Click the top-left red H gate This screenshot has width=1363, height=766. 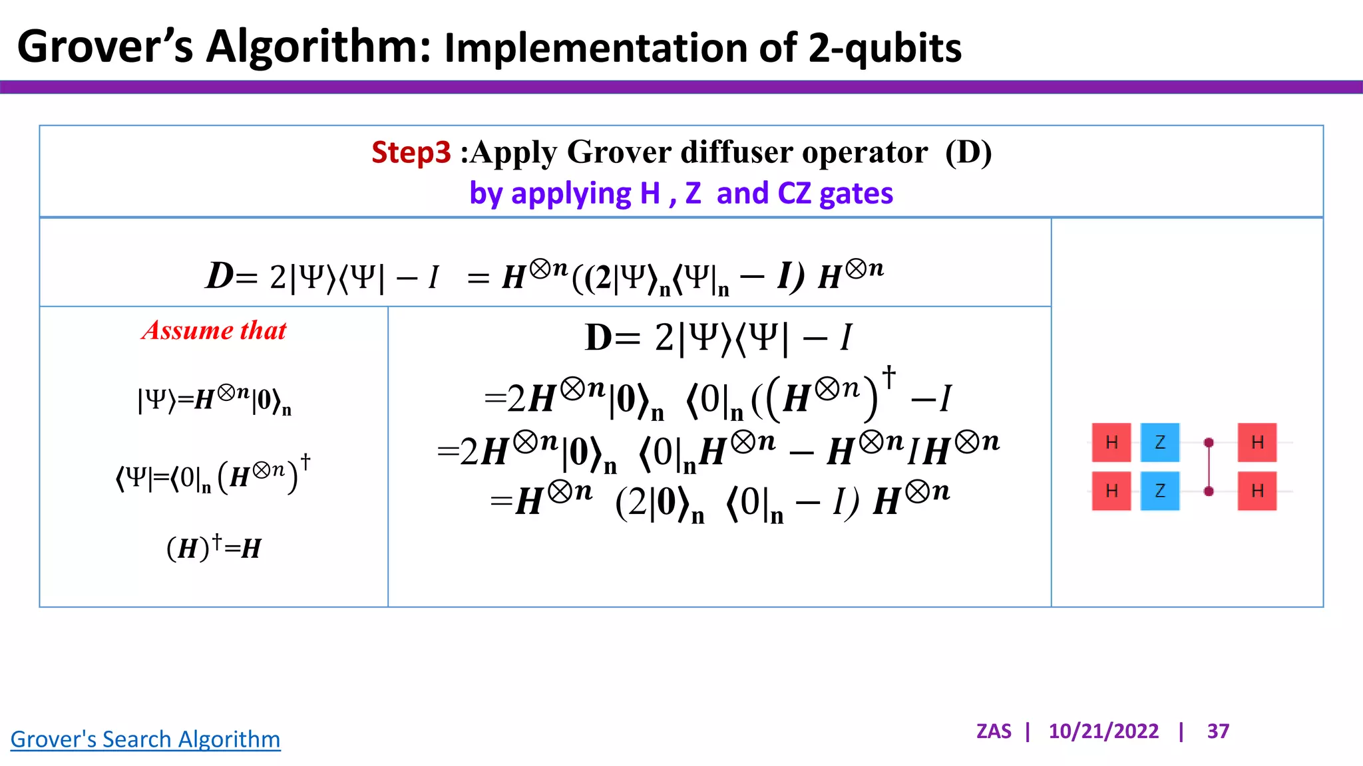(1111, 442)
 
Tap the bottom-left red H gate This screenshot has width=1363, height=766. (1111, 491)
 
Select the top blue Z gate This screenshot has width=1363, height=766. (1159, 442)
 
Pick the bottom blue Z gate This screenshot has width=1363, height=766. (1159, 491)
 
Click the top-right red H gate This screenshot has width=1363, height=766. (1257, 442)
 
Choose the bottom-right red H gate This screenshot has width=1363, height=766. (1257, 491)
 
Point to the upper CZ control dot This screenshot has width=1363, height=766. (1209, 443)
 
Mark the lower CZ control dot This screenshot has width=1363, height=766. (1209, 491)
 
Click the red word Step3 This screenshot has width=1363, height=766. (411, 152)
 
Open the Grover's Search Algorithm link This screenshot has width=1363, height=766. (145, 739)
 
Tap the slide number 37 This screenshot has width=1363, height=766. (1218, 731)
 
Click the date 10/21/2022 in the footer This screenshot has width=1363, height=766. (1103, 731)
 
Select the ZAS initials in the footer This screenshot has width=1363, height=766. (993, 731)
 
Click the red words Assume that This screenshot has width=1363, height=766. (214, 330)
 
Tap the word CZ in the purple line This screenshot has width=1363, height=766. (794, 193)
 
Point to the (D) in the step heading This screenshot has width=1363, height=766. (968, 152)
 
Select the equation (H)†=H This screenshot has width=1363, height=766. (214, 548)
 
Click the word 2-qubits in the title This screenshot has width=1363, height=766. (884, 48)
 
